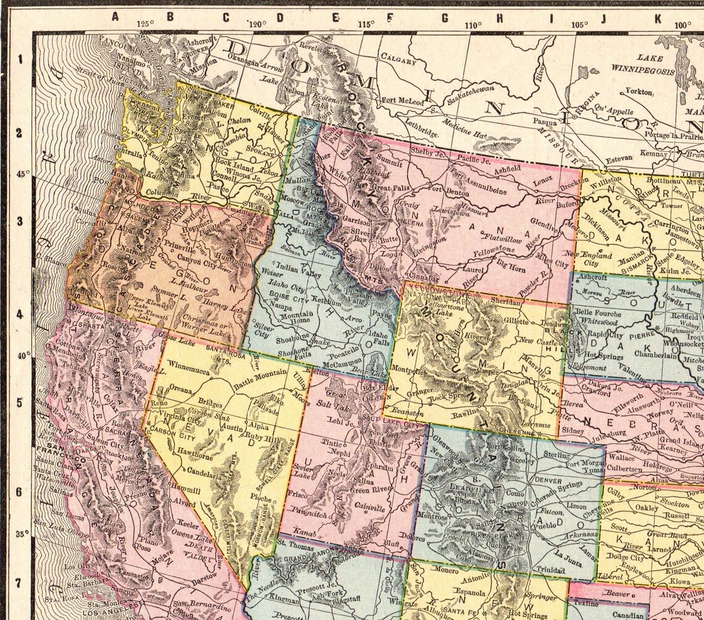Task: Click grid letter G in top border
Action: pos(443,17)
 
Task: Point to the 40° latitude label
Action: pos(23,356)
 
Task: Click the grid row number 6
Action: pos(19,492)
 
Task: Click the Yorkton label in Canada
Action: pos(639,91)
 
